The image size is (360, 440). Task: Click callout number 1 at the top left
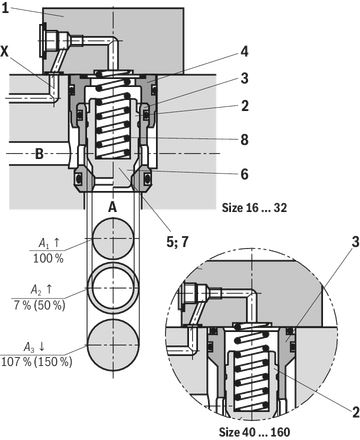5,7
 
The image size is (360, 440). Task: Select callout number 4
244,52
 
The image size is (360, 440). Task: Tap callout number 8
245,140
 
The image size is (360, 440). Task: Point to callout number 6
245,174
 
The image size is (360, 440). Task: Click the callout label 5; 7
177,242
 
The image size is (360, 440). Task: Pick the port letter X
5,52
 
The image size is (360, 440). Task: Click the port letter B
39,154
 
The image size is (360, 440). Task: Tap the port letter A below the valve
113,207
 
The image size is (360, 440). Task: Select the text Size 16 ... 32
254,208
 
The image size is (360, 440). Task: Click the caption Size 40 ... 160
254,432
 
